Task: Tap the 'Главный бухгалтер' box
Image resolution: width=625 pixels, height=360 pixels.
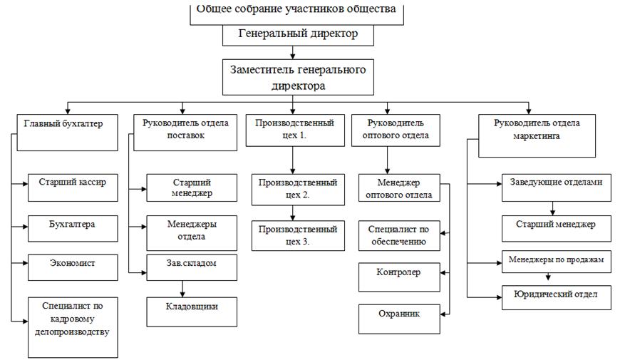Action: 66,132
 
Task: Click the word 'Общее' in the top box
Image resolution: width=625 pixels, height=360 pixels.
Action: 212,10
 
